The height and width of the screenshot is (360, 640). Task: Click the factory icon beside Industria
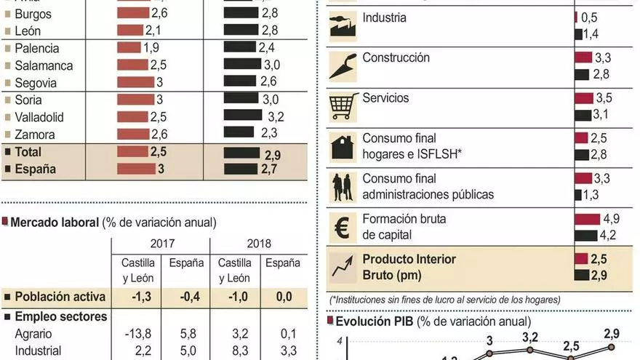tap(342, 26)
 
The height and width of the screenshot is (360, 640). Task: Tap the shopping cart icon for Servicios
tap(342, 105)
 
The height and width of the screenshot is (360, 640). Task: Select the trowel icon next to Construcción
tap(342, 65)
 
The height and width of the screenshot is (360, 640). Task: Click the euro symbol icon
tap(342, 226)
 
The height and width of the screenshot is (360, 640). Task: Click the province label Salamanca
tap(44, 65)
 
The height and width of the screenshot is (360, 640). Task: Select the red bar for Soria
tap(132, 100)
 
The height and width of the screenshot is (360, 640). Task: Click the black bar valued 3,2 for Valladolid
tap(243, 116)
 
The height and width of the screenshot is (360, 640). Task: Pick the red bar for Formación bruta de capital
tap(587, 219)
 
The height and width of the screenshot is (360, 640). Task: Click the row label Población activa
tap(60, 297)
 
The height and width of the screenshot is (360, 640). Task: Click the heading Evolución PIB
tap(383, 321)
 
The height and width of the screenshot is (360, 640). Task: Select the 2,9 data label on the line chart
tap(612, 335)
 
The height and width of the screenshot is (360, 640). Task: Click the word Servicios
tap(385, 98)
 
